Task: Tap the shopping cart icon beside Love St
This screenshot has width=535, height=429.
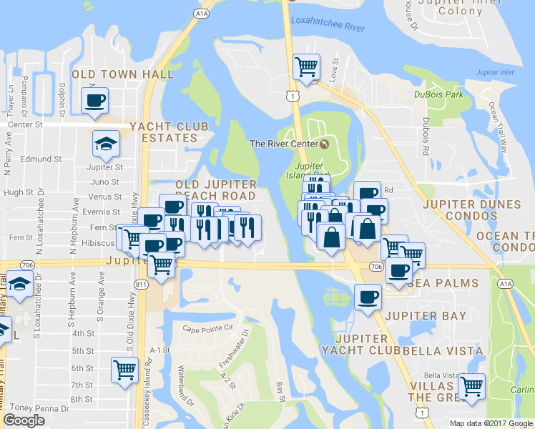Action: click(x=307, y=66)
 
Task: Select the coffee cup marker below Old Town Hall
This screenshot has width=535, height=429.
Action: click(x=94, y=100)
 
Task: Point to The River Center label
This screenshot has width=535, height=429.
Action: click(x=284, y=144)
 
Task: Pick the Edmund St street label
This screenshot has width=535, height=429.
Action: click(x=42, y=159)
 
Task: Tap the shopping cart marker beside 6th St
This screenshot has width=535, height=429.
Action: click(x=125, y=370)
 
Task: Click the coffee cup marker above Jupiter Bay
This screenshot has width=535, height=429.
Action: click(x=368, y=296)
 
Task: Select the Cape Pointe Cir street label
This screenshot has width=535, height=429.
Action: click(x=208, y=328)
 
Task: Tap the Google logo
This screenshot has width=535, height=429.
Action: click(x=24, y=420)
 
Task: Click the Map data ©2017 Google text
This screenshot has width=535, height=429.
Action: click(x=491, y=423)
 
